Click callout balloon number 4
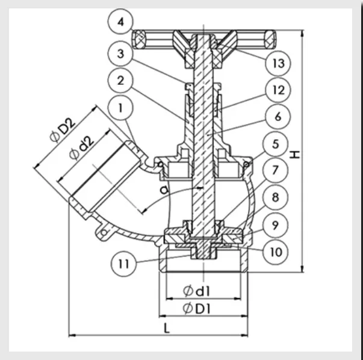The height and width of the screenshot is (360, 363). point(120,22)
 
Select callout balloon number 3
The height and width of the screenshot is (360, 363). point(120,54)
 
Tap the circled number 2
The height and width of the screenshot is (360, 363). point(120,81)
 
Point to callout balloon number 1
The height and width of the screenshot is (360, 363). point(120,108)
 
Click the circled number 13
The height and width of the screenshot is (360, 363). point(278,63)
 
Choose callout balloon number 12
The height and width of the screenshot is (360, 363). point(278,90)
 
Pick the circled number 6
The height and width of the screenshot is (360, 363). point(278,116)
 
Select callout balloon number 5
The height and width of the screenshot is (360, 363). point(276,144)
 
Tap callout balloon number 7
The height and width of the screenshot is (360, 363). point(276,170)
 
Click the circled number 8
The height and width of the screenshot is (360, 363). point(276,197)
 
